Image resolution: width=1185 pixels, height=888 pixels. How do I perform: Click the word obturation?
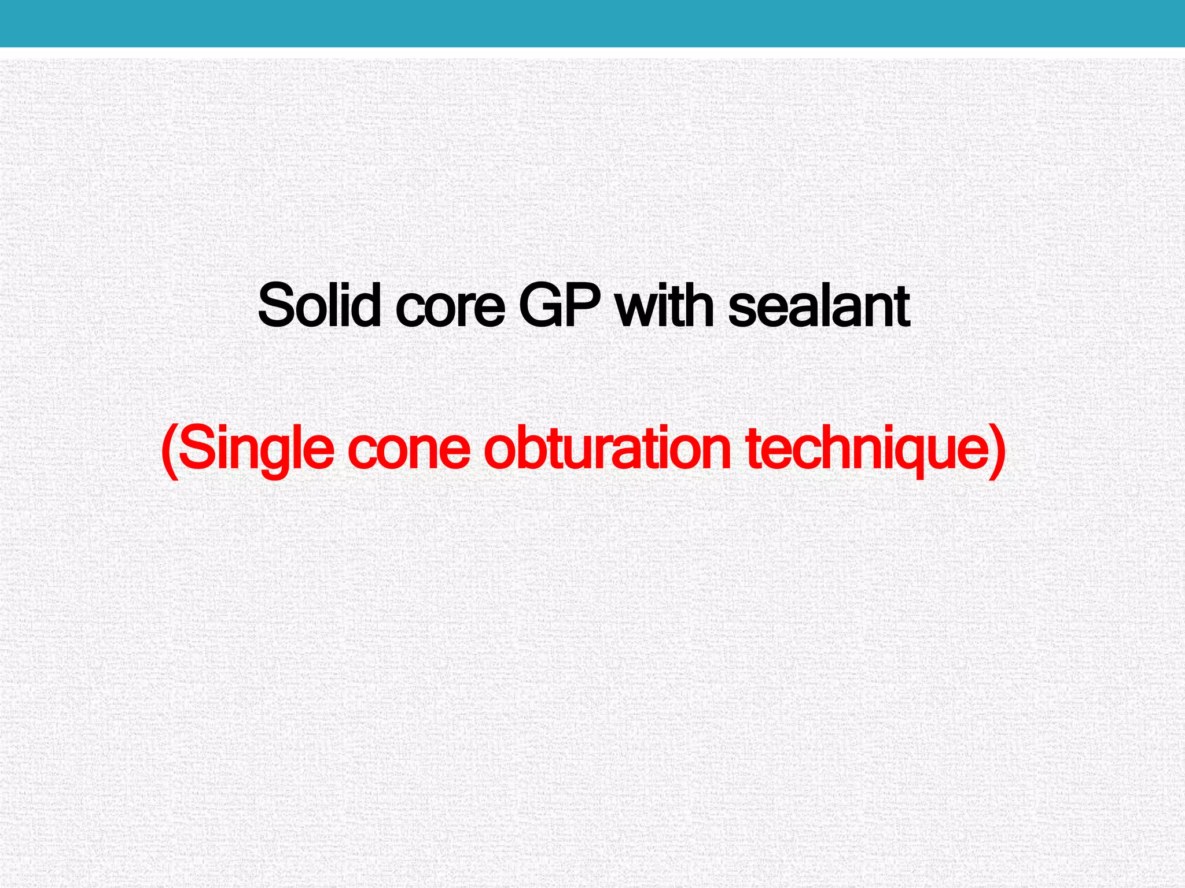tap(608, 448)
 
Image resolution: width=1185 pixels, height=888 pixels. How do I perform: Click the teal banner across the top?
tap(592, 23)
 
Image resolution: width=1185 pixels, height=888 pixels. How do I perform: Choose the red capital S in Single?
tap(196, 448)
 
